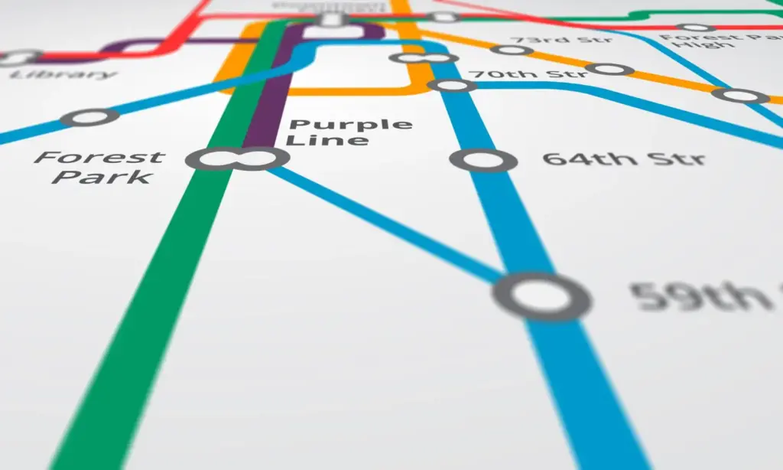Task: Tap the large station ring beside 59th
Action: coord(542,296)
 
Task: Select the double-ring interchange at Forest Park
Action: coord(238,158)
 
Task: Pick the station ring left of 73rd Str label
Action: coord(512,51)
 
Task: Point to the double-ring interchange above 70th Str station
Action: coord(423,58)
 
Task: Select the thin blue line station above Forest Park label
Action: coord(90,117)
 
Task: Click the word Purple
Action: coord(351,126)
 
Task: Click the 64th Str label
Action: coord(623,160)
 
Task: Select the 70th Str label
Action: coord(528,73)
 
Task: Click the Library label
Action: coord(64,75)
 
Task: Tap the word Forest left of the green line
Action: coord(99,158)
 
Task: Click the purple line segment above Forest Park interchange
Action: coord(264,100)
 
